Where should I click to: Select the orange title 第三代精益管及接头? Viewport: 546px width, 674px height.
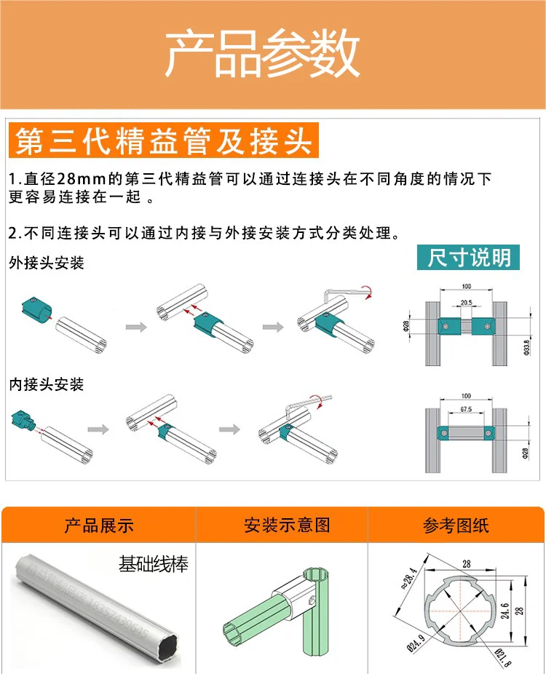tap(165, 140)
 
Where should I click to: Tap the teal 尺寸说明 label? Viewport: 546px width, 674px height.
tap(469, 257)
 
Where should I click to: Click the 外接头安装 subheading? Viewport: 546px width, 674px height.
tap(47, 263)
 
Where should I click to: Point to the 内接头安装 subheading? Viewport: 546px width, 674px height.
tap(47, 384)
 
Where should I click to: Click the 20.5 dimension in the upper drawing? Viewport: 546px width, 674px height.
tap(465, 303)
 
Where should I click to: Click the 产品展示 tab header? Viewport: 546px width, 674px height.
tap(99, 526)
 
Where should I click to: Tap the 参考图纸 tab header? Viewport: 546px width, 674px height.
tap(456, 526)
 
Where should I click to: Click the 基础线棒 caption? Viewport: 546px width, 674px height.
tap(153, 563)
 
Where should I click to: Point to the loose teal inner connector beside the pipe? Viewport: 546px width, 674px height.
tap(25, 419)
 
